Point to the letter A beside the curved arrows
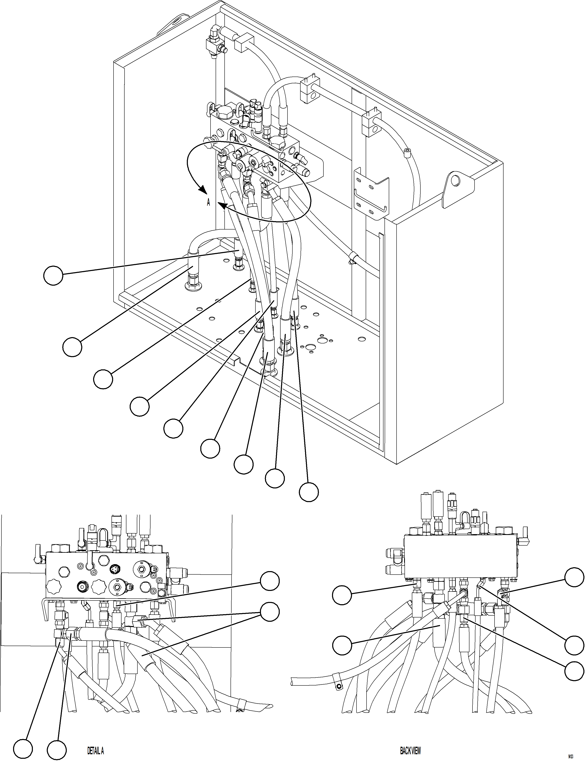(208, 202)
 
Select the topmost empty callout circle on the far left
(53, 275)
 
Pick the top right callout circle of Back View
(574, 577)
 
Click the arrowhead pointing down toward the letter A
(202, 190)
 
